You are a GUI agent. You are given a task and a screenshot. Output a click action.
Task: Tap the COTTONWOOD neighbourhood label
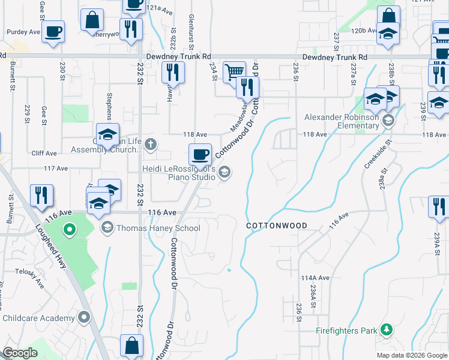click(277, 226)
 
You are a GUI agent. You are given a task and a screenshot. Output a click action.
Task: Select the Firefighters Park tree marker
click(387, 330)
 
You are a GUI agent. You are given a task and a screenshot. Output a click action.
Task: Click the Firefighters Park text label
click(347, 331)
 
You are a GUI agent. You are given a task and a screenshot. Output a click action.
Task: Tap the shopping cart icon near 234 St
click(234, 72)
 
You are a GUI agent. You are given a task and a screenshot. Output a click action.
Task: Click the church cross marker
click(150, 143)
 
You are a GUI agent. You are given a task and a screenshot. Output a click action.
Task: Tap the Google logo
click(20, 353)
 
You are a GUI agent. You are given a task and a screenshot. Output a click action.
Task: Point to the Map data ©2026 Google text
click(412, 355)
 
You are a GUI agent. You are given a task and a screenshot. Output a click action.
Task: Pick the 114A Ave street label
click(316, 278)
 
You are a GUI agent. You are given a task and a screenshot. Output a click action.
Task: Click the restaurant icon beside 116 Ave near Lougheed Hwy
click(42, 196)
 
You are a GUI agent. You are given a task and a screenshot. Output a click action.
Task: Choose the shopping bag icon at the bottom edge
click(131, 346)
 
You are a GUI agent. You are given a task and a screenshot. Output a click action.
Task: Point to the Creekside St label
click(377, 155)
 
